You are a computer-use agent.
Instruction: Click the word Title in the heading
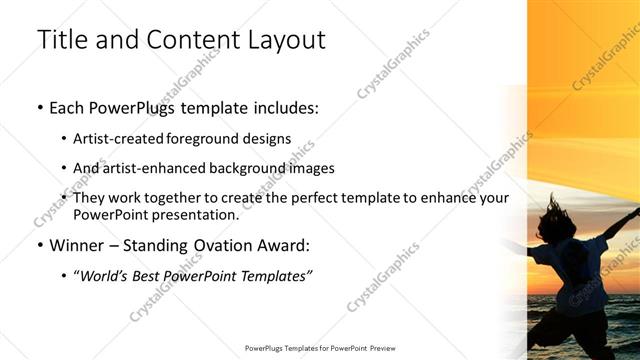[x=61, y=41]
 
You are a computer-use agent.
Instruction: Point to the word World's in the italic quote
[x=103, y=276]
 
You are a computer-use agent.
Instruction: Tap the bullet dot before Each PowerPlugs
[x=39, y=108]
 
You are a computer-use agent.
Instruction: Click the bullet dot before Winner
[x=39, y=246]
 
